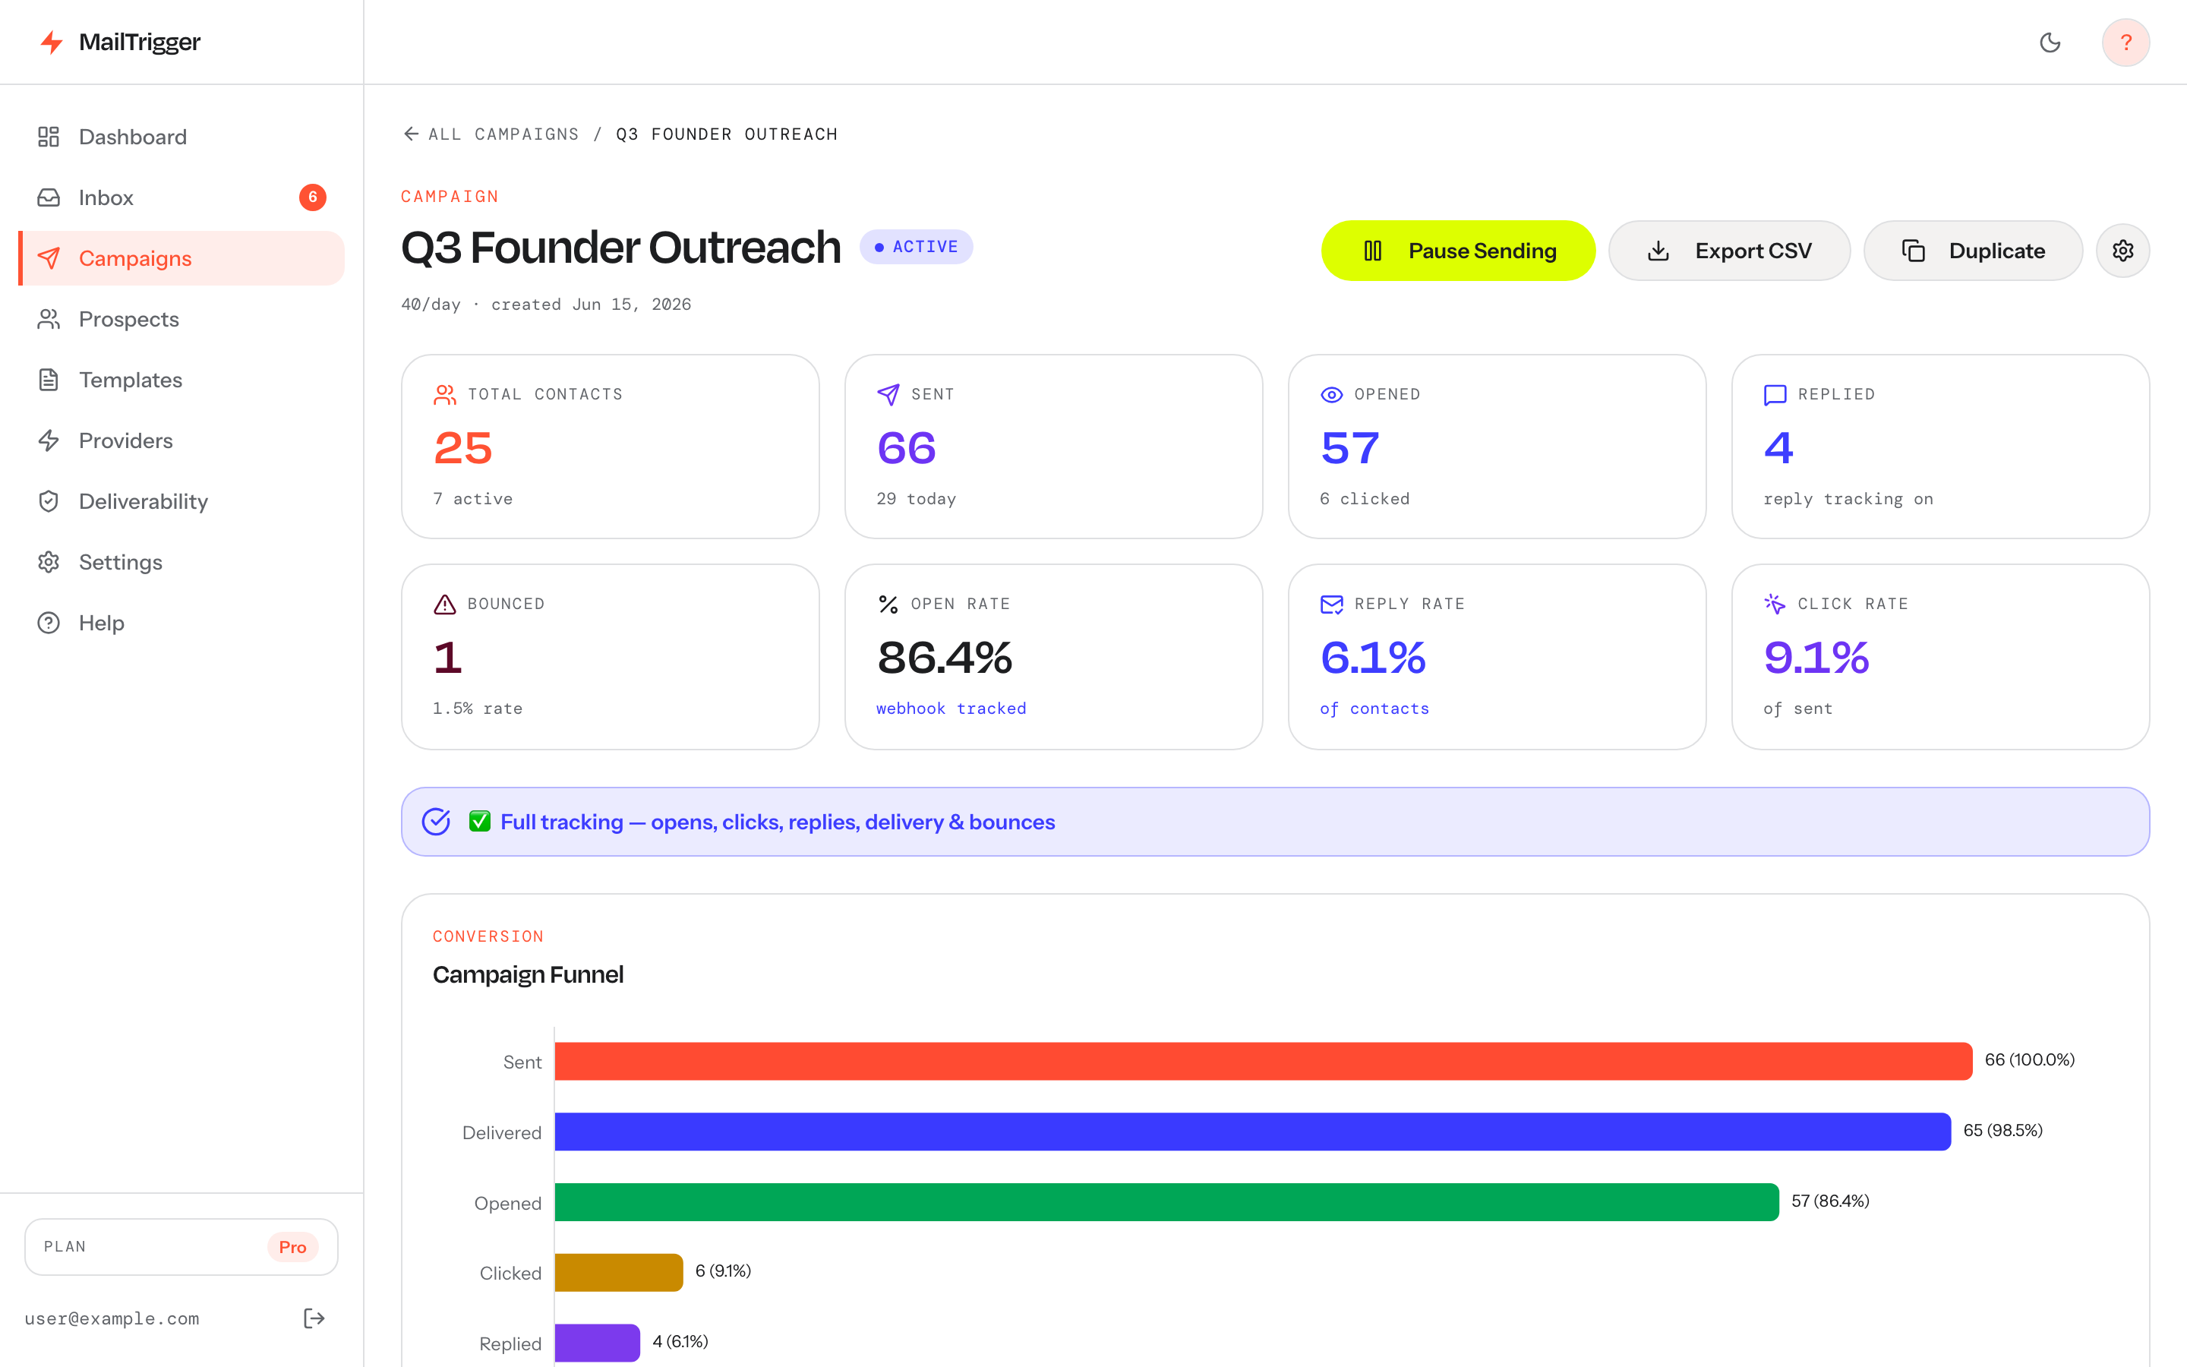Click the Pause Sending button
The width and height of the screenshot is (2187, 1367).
point(1458,251)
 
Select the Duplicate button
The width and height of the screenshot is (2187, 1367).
point(1973,251)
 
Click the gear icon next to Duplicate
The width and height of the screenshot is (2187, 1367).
point(2123,251)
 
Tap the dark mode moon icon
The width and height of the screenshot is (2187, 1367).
point(2050,43)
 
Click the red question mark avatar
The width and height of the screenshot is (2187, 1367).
point(2125,43)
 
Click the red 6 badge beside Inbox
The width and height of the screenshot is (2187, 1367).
point(313,197)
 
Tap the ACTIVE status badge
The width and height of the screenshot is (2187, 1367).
point(917,247)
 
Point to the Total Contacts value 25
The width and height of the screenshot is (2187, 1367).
point(462,448)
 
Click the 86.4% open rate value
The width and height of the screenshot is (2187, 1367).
point(945,657)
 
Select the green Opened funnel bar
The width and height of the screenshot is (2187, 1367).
point(1166,1201)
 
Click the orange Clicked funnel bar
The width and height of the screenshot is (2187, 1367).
point(619,1272)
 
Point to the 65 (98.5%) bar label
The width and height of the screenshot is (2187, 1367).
point(2002,1130)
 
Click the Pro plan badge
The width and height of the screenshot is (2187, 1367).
point(292,1247)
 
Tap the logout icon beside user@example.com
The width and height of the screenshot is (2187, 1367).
point(314,1318)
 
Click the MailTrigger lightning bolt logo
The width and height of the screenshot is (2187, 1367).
point(52,43)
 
